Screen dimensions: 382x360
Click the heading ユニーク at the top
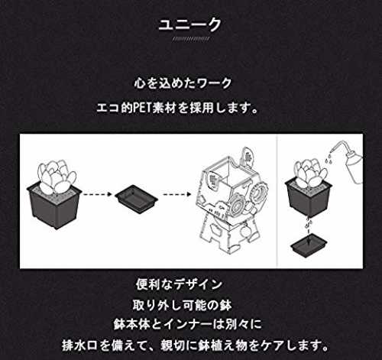(189, 25)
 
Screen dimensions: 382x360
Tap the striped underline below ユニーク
(191, 39)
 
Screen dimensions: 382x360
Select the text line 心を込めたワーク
(183, 83)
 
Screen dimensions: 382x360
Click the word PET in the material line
(143, 109)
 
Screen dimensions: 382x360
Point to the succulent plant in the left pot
(57, 176)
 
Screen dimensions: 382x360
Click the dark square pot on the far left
(54, 206)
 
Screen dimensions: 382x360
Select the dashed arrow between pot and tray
(97, 194)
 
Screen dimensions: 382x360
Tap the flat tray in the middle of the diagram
(136, 199)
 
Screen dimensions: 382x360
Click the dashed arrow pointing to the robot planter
(176, 194)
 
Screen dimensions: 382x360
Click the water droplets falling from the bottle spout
(329, 159)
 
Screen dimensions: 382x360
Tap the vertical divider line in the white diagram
(277, 201)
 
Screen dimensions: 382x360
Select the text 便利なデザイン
(179, 284)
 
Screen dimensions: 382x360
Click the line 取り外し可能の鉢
(182, 305)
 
